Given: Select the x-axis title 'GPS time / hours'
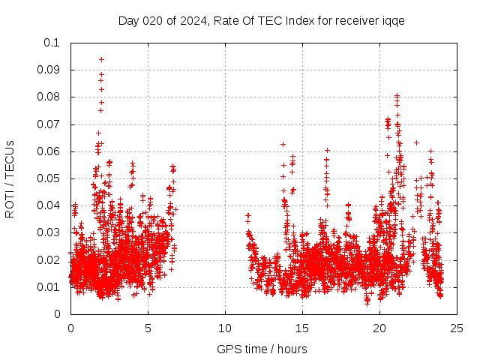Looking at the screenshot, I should (x=262, y=349).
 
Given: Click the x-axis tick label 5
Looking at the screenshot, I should (x=148, y=328).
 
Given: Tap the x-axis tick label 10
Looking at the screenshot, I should (x=225, y=328).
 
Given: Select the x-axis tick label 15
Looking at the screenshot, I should (x=302, y=328).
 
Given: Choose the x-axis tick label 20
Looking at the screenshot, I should (x=379, y=328).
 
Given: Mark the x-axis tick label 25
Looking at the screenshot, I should (x=457, y=328).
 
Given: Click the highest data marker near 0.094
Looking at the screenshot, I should (x=101, y=59).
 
